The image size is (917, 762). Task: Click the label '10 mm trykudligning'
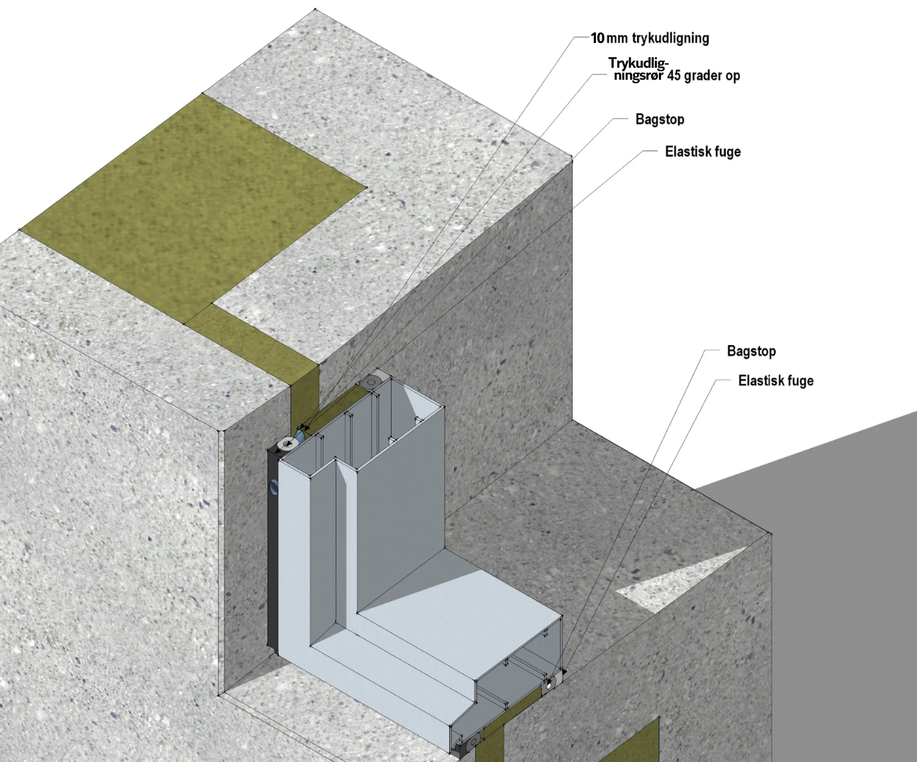pos(650,38)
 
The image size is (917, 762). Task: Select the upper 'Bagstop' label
pos(660,119)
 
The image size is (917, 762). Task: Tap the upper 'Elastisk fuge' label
pos(703,152)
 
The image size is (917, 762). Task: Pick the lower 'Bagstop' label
pos(751,351)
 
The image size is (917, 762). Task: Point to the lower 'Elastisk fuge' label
pos(775,381)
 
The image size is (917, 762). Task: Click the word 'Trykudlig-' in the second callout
pos(638,64)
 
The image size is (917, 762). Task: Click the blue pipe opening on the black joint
pos(274,486)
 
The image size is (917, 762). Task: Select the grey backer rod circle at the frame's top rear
pos(370,381)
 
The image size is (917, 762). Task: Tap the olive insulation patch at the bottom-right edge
pos(638,741)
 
